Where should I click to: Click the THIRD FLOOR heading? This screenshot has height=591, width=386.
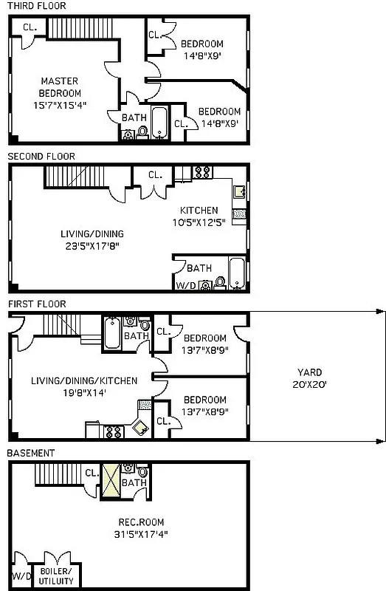click(36, 6)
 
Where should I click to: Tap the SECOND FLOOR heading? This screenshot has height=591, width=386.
click(41, 156)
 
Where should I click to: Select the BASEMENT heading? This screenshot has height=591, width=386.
click(30, 452)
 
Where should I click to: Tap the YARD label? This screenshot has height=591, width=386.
click(310, 372)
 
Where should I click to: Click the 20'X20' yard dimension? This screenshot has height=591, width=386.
click(310, 383)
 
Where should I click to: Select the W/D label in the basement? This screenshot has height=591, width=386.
click(20, 574)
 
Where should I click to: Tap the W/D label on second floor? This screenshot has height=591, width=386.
click(185, 284)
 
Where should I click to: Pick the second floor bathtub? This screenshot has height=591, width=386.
click(237, 274)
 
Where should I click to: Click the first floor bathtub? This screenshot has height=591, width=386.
click(111, 333)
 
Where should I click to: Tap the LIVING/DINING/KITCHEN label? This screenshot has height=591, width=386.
click(84, 381)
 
